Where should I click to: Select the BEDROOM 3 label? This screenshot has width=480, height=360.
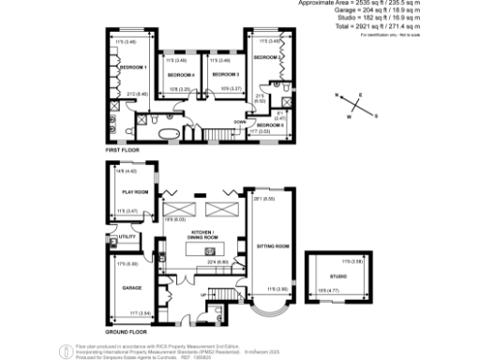[x=225, y=74]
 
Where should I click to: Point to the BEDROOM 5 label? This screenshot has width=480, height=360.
[x=270, y=124]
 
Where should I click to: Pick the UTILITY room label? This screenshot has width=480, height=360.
[x=128, y=236]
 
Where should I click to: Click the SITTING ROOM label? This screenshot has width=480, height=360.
[x=273, y=247]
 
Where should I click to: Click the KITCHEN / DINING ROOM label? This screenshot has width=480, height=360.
[x=204, y=233]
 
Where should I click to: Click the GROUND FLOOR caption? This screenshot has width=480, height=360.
[x=127, y=332]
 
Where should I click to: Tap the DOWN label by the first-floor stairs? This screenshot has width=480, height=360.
[x=240, y=122]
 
